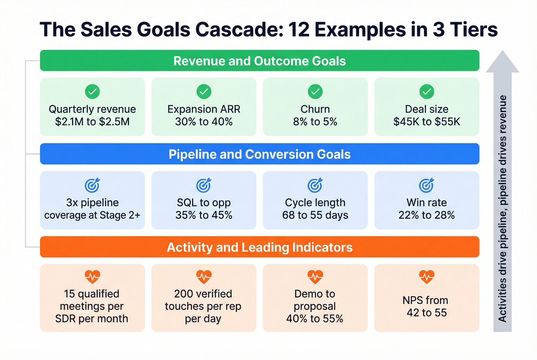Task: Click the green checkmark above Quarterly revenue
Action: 92,92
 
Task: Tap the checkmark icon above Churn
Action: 315,92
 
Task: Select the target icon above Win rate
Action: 427,185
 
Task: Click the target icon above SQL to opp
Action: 204,185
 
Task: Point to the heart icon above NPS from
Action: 427,276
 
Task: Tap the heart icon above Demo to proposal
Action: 315,276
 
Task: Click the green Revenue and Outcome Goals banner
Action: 260,61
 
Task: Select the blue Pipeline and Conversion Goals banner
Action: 260,154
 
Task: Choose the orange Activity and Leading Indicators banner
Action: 260,247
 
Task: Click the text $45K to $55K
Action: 427,122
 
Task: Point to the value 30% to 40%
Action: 204,122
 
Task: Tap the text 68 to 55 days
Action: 315,215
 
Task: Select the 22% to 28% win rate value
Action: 427,215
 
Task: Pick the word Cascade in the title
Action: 237,30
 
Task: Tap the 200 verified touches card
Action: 204,298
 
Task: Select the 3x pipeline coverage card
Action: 92,200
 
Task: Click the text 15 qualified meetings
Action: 92,294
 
